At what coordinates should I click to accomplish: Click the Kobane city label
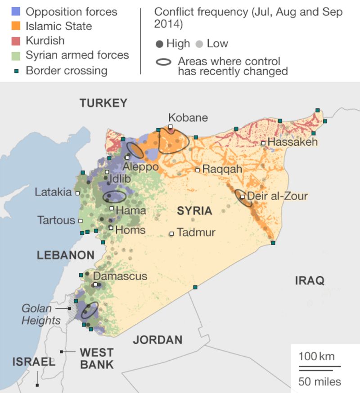[188, 118]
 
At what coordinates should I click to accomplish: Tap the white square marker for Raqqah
[198, 170]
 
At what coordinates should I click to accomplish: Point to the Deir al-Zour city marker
[243, 196]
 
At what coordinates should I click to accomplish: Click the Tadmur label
[196, 232]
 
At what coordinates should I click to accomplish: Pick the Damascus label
[120, 276]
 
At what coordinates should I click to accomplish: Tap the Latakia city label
[54, 192]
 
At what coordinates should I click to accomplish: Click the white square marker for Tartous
[81, 221]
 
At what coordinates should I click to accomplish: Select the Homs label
[130, 230]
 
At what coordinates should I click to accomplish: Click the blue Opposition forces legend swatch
[17, 12]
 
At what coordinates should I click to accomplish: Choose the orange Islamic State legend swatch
[17, 27]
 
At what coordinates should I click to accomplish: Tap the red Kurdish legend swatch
[17, 41]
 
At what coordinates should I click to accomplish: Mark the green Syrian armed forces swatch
[17, 56]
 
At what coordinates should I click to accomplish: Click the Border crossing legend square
[17, 71]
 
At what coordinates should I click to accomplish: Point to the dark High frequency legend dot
[159, 44]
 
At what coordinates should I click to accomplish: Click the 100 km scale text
[317, 357]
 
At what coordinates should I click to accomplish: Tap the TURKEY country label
[103, 103]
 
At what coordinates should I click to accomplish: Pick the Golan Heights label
[41, 315]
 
